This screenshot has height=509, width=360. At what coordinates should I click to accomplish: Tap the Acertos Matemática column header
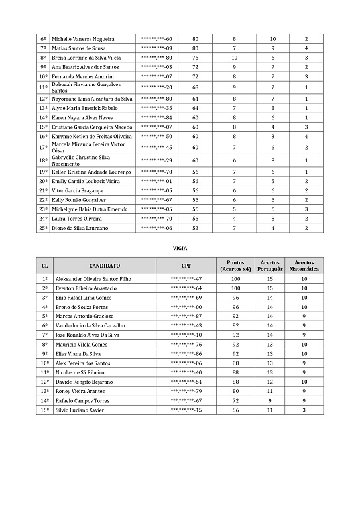pyautogui.click(x=304, y=266)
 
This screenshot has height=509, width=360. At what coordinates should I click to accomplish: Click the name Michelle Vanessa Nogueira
pyautogui.click(x=83, y=39)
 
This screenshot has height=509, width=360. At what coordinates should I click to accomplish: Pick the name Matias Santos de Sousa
pyautogui.click(x=80, y=48)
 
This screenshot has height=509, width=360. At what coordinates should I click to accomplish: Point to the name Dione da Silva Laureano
pyautogui.click(x=80, y=228)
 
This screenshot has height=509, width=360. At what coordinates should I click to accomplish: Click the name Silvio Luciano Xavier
pyautogui.click(x=82, y=410)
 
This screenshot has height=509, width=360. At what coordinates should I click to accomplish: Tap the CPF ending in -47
pyautogui.click(x=186, y=279)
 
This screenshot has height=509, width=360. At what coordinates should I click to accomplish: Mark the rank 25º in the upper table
pyautogui.click(x=43, y=228)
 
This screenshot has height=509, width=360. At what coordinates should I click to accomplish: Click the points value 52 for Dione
pyautogui.click(x=195, y=228)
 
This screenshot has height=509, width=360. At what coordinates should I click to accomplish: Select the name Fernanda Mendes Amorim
pyautogui.click(x=82, y=76)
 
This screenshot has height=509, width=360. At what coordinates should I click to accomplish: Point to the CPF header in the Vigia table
pyautogui.click(x=186, y=266)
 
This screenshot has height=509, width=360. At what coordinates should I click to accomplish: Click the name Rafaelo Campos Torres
pyautogui.click(x=83, y=401)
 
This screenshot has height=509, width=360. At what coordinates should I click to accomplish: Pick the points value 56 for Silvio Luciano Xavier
pyautogui.click(x=235, y=410)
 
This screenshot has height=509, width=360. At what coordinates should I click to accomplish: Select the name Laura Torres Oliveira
pyautogui.click(x=77, y=219)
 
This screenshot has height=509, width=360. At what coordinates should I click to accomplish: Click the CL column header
pyautogui.click(x=44, y=266)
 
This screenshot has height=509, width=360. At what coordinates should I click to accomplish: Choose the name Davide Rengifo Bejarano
pyautogui.click(x=85, y=382)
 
